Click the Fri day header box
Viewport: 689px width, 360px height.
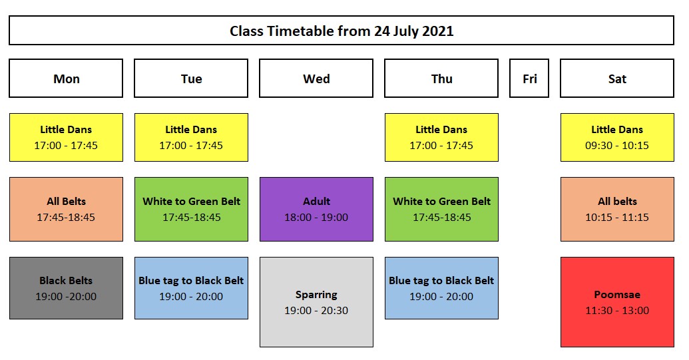[x=529, y=78]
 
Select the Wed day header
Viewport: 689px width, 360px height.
[x=316, y=78]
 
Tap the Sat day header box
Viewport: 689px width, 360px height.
[x=617, y=78]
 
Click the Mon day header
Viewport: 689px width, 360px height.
[x=66, y=78]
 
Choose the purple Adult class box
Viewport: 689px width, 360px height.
[x=316, y=209]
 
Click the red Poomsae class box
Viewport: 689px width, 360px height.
[x=617, y=302]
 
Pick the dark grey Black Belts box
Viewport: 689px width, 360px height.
[x=66, y=288]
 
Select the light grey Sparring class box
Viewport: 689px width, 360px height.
[x=316, y=302]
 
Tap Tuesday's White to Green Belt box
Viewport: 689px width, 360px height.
[x=191, y=209]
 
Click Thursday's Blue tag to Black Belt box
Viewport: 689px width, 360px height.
[x=441, y=288]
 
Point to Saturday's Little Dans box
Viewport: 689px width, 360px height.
[x=617, y=138]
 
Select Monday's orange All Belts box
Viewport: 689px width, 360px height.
[x=66, y=209]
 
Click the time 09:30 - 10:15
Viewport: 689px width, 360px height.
[x=617, y=145]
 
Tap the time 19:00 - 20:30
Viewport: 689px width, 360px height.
[x=316, y=310]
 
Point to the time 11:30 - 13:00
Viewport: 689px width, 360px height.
[x=617, y=310]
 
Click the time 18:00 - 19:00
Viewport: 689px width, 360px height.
[x=316, y=218]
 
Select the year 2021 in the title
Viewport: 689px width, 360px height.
[x=437, y=31]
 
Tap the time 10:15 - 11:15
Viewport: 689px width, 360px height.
[x=617, y=218]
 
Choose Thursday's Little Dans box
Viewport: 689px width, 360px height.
[x=441, y=138]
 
